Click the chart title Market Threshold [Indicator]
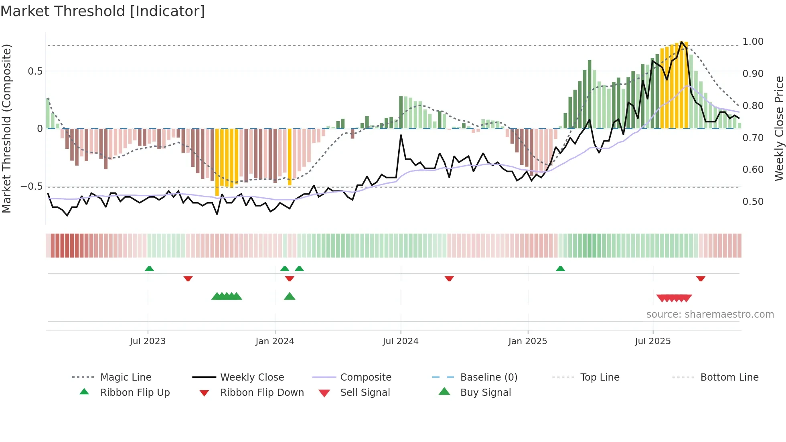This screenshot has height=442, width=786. click(103, 11)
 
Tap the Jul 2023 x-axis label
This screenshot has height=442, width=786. click(148, 341)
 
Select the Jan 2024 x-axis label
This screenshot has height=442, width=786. click(275, 341)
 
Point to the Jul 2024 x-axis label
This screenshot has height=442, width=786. click(401, 341)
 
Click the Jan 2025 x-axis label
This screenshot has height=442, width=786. click(527, 341)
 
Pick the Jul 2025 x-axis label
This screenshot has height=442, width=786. click(652, 341)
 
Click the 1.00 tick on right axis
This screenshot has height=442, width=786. click(753, 42)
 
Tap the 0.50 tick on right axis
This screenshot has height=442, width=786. click(753, 202)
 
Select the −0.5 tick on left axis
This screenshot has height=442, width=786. click(31, 187)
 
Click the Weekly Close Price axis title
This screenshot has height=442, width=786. click(779, 128)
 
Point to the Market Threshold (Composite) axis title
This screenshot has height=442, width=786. click(6, 128)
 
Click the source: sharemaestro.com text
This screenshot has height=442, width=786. click(710, 314)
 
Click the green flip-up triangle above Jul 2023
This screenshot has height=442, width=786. click(149, 269)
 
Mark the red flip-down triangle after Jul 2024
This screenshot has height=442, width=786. click(449, 278)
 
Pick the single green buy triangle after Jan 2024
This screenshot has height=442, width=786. click(290, 297)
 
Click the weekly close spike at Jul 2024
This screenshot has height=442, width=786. click(401, 136)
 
